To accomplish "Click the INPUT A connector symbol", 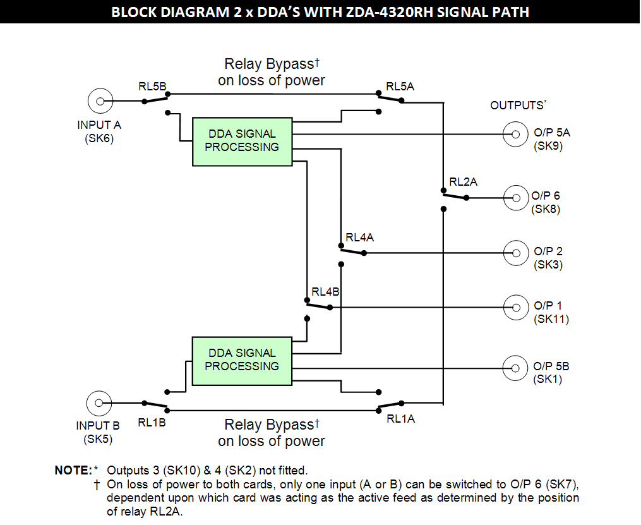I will click(x=100, y=100).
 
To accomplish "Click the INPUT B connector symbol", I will click(x=97, y=403).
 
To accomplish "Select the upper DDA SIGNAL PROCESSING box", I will click(x=242, y=141).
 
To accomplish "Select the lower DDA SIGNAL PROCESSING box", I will click(x=242, y=360).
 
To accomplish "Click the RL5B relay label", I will click(x=152, y=85).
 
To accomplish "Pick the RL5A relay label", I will click(x=400, y=87).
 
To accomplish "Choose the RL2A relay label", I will click(x=463, y=182).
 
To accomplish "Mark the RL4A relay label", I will click(x=359, y=238).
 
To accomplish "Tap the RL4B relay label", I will click(x=325, y=293).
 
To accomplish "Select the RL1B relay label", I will click(x=152, y=423).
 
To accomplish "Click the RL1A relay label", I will click(x=400, y=418).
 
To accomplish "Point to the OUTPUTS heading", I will click(x=517, y=106).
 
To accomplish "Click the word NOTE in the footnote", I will click(x=73, y=471).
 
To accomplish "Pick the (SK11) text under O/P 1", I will click(x=551, y=320).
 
